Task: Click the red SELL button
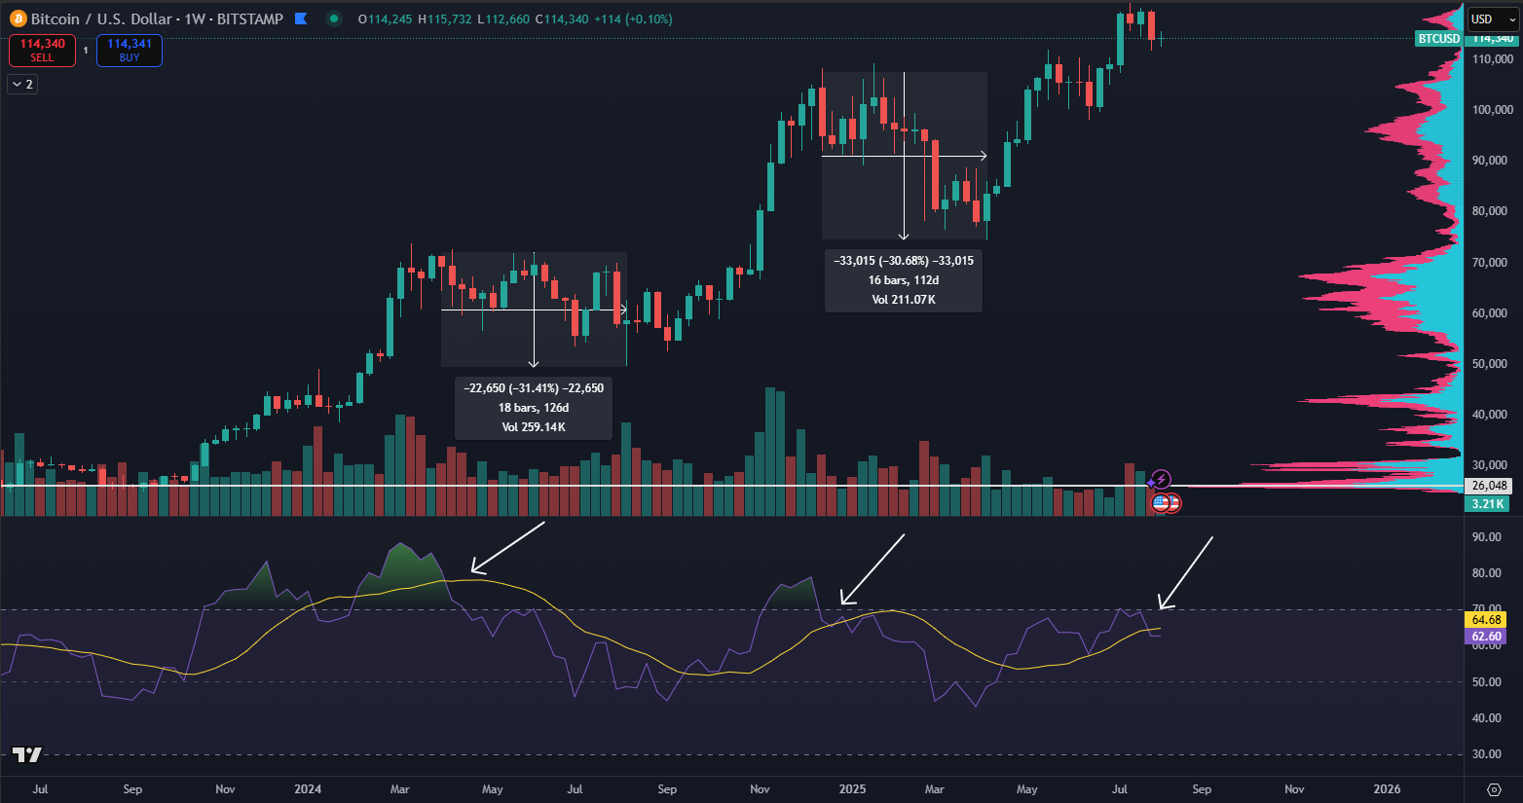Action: tap(42, 51)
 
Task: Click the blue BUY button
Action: tap(130, 51)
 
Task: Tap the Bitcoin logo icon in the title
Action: tap(18, 18)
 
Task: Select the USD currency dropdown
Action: tap(1493, 18)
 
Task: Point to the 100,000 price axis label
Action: tap(1492, 110)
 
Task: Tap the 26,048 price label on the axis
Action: tap(1489, 486)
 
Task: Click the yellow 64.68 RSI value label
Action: tap(1486, 620)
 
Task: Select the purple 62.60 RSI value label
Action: tap(1486, 637)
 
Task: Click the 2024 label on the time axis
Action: tap(308, 789)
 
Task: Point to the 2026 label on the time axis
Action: tap(1387, 789)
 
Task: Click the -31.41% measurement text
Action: tap(534, 388)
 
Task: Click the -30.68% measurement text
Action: tap(904, 261)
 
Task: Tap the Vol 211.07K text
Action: tap(904, 300)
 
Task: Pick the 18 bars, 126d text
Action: tap(534, 408)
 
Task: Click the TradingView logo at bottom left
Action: tap(27, 754)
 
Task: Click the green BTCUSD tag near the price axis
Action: tap(1438, 39)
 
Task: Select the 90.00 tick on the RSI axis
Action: tap(1486, 537)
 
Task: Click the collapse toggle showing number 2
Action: tap(22, 85)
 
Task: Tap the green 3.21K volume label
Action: tap(1487, 504)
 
